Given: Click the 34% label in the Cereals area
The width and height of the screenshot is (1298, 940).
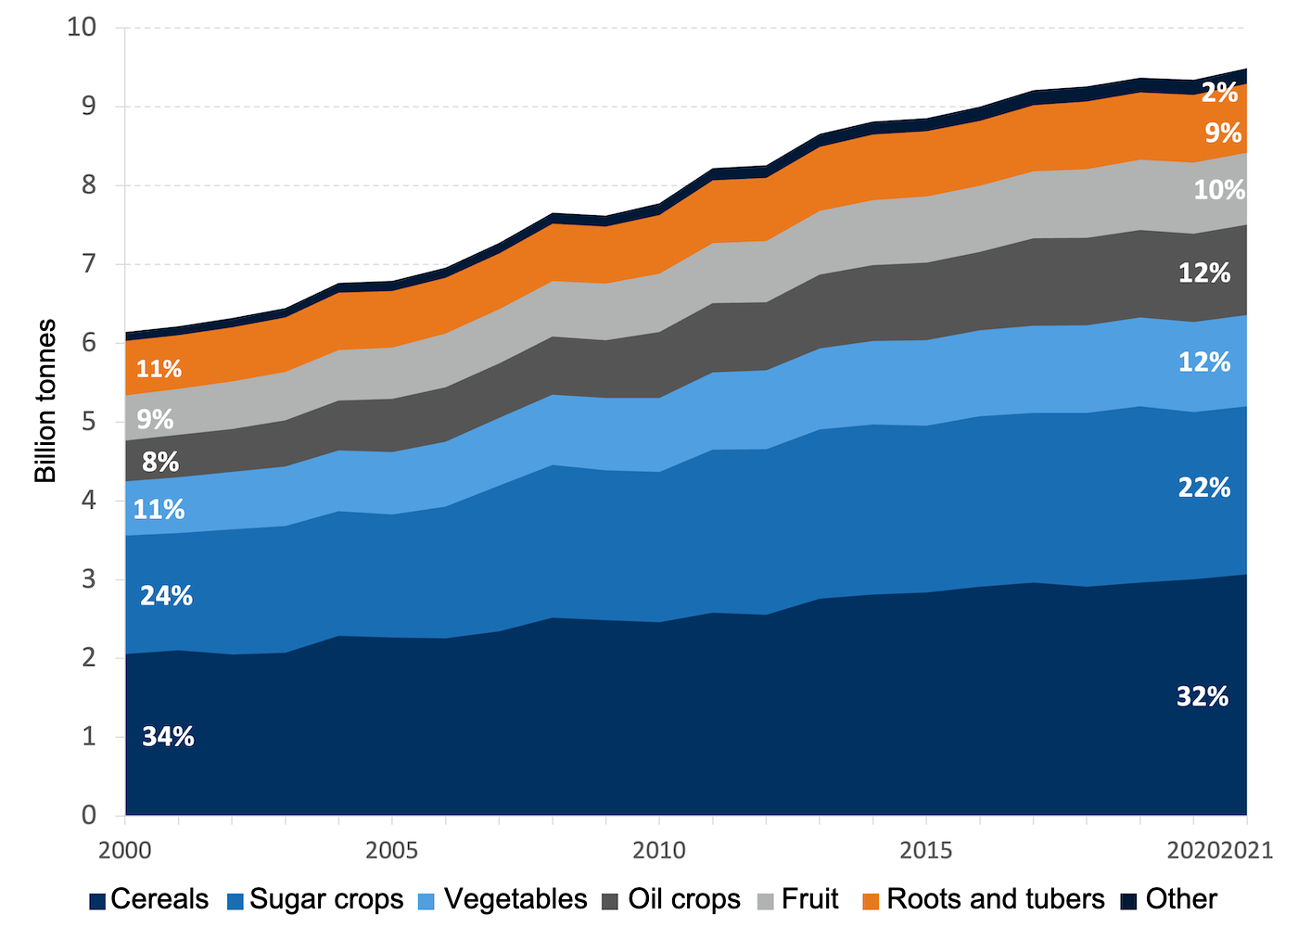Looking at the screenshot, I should tap(168, 737).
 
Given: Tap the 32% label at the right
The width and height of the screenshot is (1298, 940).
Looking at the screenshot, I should tap(1203, 697).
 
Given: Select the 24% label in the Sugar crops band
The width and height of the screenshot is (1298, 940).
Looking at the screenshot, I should tap(166, 596).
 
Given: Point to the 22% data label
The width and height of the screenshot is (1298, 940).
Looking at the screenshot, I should tap(1203, 488).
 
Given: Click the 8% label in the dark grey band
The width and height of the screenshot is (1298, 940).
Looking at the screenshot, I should tap(160, 462).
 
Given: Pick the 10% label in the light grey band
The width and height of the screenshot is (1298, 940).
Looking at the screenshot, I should tap(1218, 190).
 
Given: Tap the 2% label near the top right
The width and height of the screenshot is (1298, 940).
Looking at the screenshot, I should tap(1219, 93).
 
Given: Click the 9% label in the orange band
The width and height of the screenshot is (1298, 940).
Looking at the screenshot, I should tap(1222, 133).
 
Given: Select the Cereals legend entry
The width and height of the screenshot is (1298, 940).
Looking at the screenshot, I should tap(149, 899).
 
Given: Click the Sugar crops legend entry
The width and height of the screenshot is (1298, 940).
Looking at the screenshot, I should tap(315, 899).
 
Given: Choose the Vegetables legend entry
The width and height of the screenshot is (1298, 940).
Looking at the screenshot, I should tap(503, 899).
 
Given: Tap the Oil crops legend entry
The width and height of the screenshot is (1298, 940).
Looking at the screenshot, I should tap(672, 899).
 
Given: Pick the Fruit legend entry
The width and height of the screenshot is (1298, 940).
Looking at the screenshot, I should tap(799, 899).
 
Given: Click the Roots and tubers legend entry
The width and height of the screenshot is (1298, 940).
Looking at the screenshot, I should tap(984, 899).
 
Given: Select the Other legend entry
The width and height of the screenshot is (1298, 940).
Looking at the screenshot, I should tap(1169, 899).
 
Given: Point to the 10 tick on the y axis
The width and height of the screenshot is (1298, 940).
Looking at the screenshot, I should tap(82, 27).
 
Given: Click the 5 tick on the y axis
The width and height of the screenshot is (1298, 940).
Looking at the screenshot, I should tap(89, 422).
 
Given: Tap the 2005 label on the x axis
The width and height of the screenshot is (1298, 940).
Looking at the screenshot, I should tap(391, 850).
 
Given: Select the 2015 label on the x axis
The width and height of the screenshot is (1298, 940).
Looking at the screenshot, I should tap(925, 850).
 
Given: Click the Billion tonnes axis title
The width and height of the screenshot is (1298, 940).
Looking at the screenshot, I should tap(45, 400).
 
